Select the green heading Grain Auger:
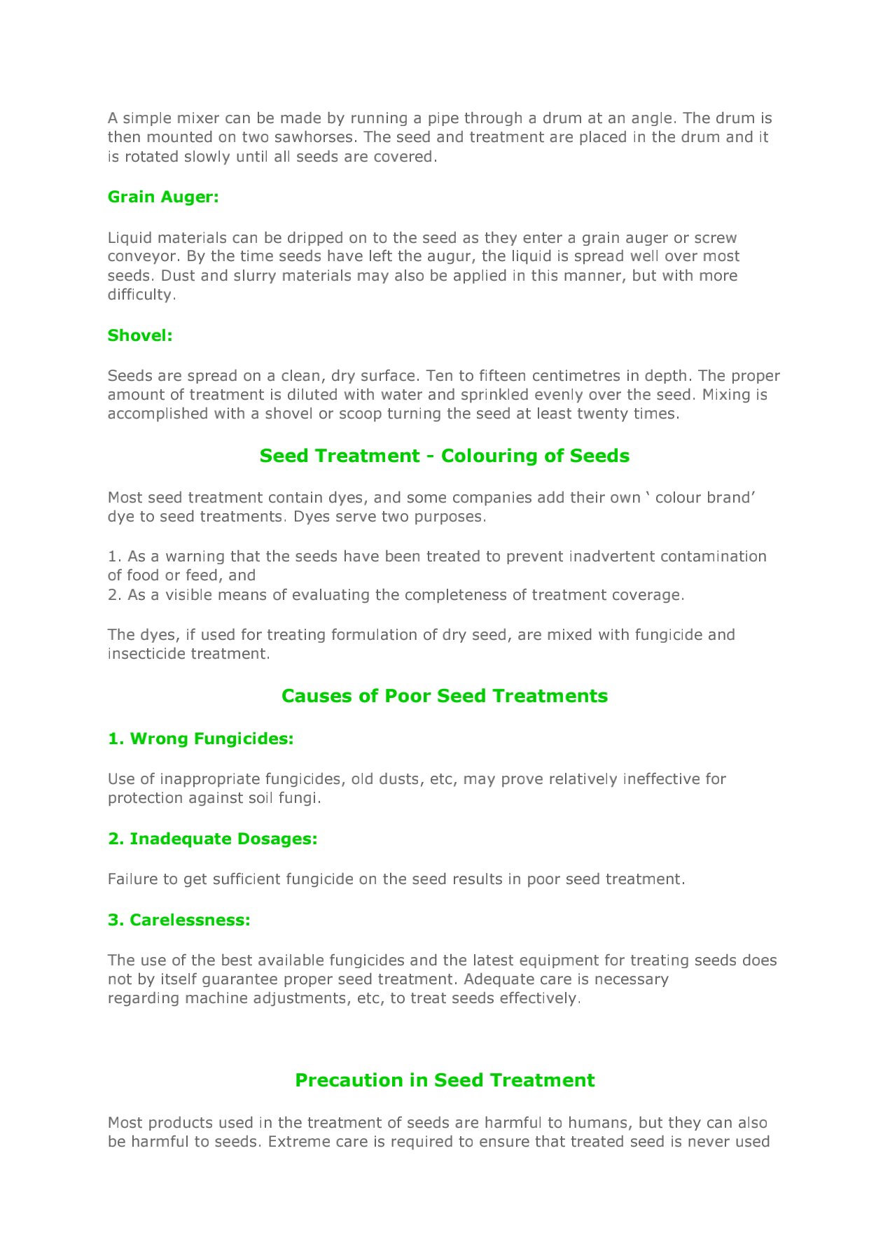point(163,197)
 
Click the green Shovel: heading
point(140,336)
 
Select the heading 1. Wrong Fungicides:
point(200,739)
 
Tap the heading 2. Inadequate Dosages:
point(212,839)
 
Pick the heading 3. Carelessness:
point(179,921)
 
